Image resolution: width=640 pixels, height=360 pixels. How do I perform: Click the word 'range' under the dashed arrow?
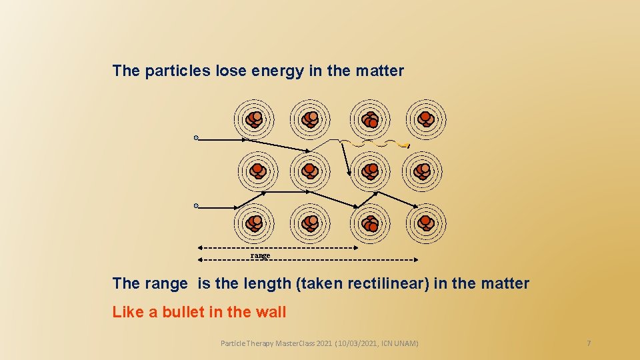pyautogui.click(x=261, y=255)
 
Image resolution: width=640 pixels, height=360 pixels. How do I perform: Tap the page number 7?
pyautogui.click(x=589, y=343)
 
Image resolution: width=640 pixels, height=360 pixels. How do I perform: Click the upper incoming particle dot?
pyautogui.click(x=196, y=138)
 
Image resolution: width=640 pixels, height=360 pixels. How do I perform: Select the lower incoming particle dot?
pyautogui.click(x=196, y=206)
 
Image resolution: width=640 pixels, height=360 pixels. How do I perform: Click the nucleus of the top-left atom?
pyautogui.click(x=254, y=119)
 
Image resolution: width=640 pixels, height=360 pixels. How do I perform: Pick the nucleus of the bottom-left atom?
pyautogui.click(x=254, y=223)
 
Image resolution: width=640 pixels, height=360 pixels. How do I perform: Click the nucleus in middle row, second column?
pyautogui.click(x=310, y=171)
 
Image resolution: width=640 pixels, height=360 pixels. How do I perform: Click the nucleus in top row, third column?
pyautogui.click(x=370, y=119)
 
